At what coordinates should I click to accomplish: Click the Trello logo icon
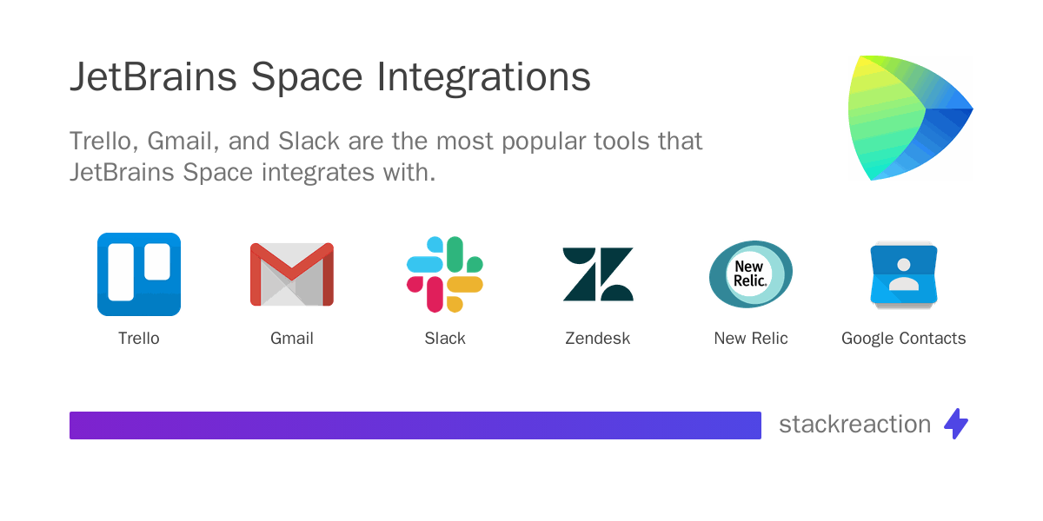pos(139,274)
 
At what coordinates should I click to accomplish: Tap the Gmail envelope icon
pos(292,274)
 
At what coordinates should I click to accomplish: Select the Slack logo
pos(445,274)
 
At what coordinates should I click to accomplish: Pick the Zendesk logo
pos(598,274)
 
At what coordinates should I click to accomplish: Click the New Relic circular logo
pos(751,274)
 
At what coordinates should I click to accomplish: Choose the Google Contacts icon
pos(904,274)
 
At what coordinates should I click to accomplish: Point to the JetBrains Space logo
pos(910,118)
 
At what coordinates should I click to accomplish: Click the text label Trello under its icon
pos(139,338)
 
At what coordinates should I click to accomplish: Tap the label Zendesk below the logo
pos(598,338)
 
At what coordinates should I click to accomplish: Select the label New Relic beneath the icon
pos(751,338)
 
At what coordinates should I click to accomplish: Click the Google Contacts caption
pos(904,338)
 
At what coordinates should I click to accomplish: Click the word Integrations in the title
pos(483,77)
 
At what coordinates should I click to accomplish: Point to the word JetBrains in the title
pos(153,76)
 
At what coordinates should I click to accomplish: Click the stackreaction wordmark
pos(855,425)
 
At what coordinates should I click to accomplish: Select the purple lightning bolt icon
pos(956,424)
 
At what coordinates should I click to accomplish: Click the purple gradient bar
pos(415,425)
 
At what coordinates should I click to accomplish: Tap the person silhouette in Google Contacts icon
pos(904,274)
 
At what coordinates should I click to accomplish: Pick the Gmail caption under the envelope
pos(292,338)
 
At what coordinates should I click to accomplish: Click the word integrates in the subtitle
pos(317,173)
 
